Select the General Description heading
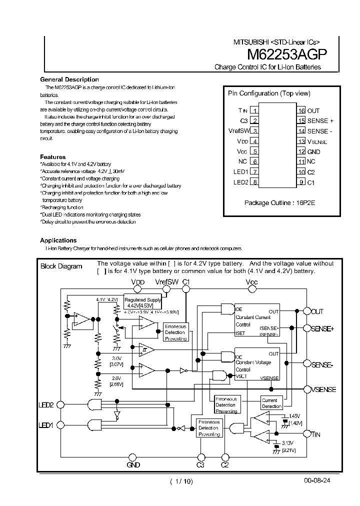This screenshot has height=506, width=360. [69, 79]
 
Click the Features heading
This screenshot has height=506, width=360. [53, 156]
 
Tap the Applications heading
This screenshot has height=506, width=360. [58, 240]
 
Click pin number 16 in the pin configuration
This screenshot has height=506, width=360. [301, 110]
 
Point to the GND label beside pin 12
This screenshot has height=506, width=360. [313, 151]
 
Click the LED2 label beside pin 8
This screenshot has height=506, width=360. [240, 182]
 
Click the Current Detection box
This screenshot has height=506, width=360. [271, 403]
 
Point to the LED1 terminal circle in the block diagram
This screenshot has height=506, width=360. [60, 425]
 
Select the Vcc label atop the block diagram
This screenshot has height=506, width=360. [252, 282]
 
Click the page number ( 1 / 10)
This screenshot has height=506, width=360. [181, 481]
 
